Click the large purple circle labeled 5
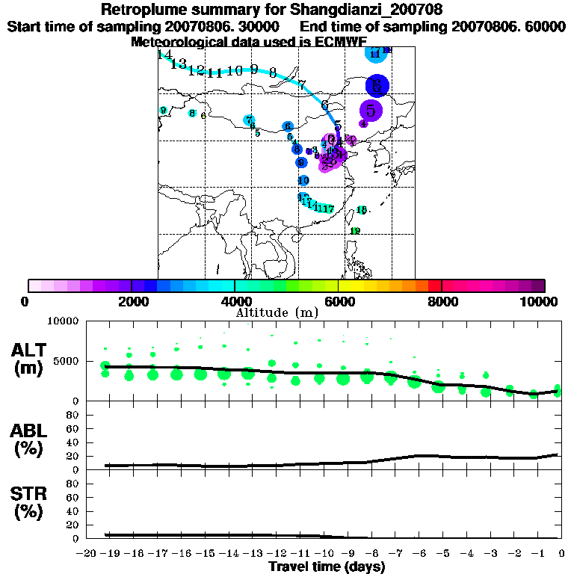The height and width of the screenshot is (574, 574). click(371, 109)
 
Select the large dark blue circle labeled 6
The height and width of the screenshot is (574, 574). click(377, 86)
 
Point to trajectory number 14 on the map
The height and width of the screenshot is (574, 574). click(165, 55)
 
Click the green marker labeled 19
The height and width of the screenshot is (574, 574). click(355, 231)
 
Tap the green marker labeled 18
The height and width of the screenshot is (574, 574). click(362, 210)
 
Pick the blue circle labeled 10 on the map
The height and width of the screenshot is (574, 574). click(303, 181)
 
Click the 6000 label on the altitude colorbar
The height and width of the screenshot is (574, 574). click(339, 301)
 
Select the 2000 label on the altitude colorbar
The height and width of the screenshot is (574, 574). click(132, 301)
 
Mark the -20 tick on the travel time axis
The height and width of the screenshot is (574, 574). click(87, 553)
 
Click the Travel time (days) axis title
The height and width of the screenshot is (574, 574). click(327, 567)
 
